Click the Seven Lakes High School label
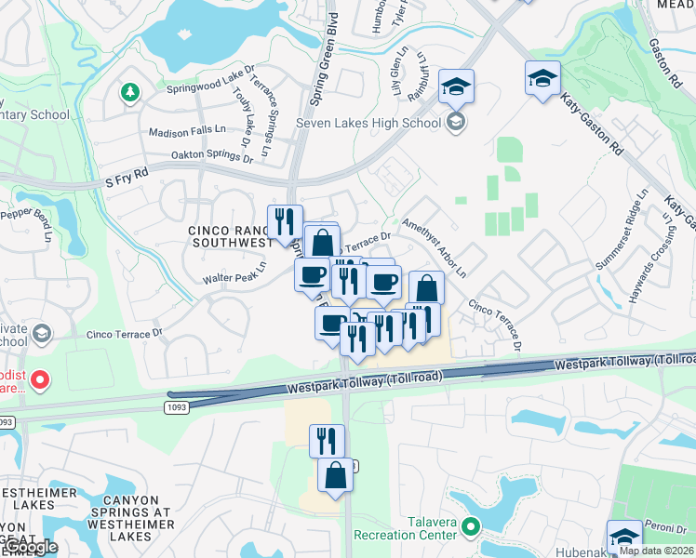pyautogui.click(x=368, y=123)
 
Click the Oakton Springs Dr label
pyautogui.click(x=212, y=158)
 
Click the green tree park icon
pyautogui.click(x=129, y=92)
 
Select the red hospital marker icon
pyautogui.click(x=41, y=379)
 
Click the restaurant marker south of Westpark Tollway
pyautogui.click(x=327, y=441)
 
